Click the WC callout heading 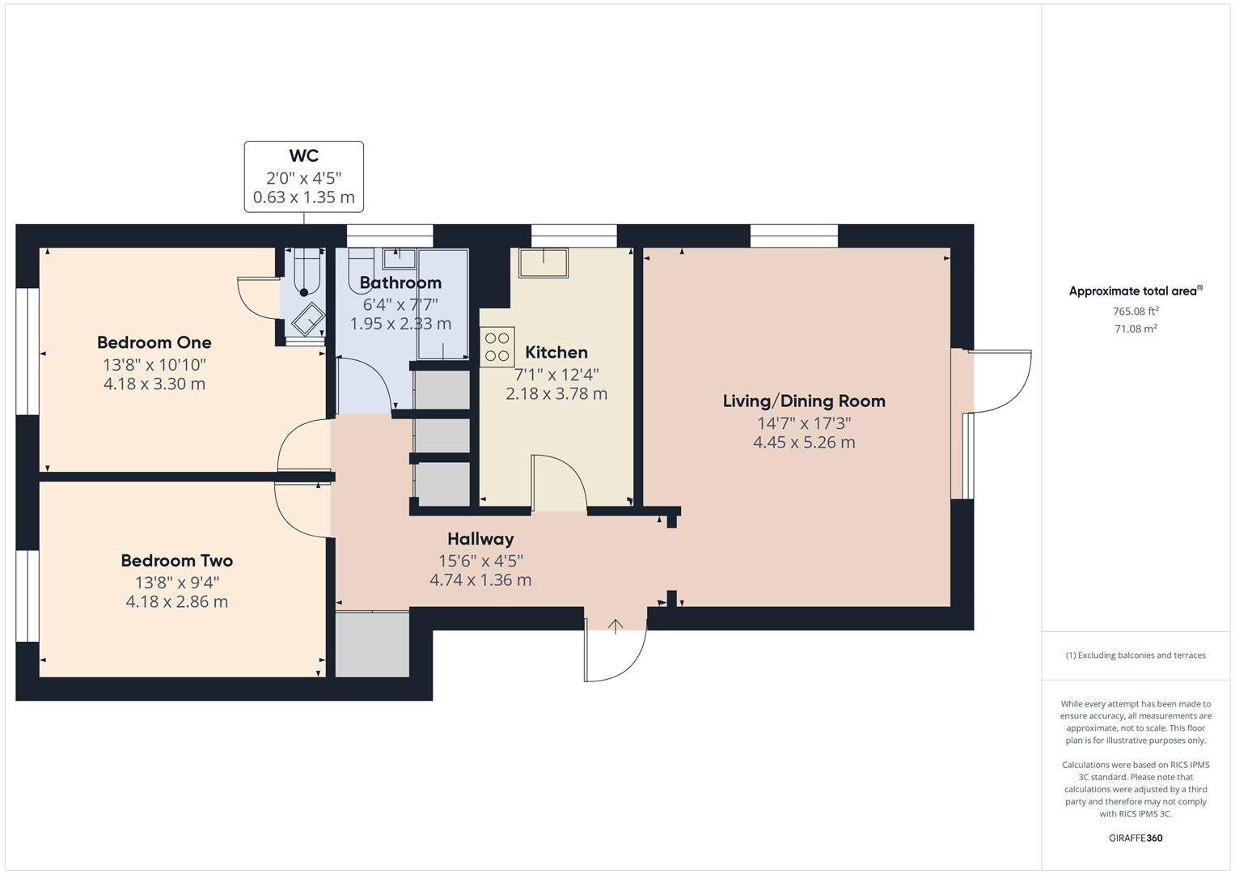303,156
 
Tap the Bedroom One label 154,342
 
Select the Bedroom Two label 176,560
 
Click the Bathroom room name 400,282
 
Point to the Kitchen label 556,352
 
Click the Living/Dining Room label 803,401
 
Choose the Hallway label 480,539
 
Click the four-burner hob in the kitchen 497,346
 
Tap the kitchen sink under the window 543,261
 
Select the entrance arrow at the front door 615,626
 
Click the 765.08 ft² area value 1136,311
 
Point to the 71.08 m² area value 1136,329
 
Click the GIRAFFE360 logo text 1136,838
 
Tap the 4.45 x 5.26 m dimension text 803,443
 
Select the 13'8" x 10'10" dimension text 154,364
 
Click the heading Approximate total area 1135,291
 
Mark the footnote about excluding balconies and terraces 1136,655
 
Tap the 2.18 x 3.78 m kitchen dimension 556,394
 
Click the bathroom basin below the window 399,258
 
